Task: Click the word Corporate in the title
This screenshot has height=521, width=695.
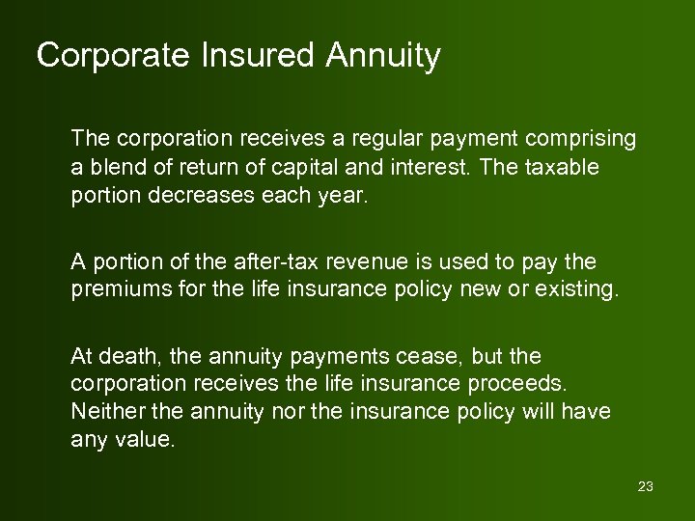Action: pos(103,56)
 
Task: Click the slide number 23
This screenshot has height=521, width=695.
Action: pos(646,486)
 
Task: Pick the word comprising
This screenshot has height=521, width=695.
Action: pos(582,139)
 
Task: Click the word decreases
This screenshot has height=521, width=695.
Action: pos(193,195)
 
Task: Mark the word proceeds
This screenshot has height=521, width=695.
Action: pos(514,384)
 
